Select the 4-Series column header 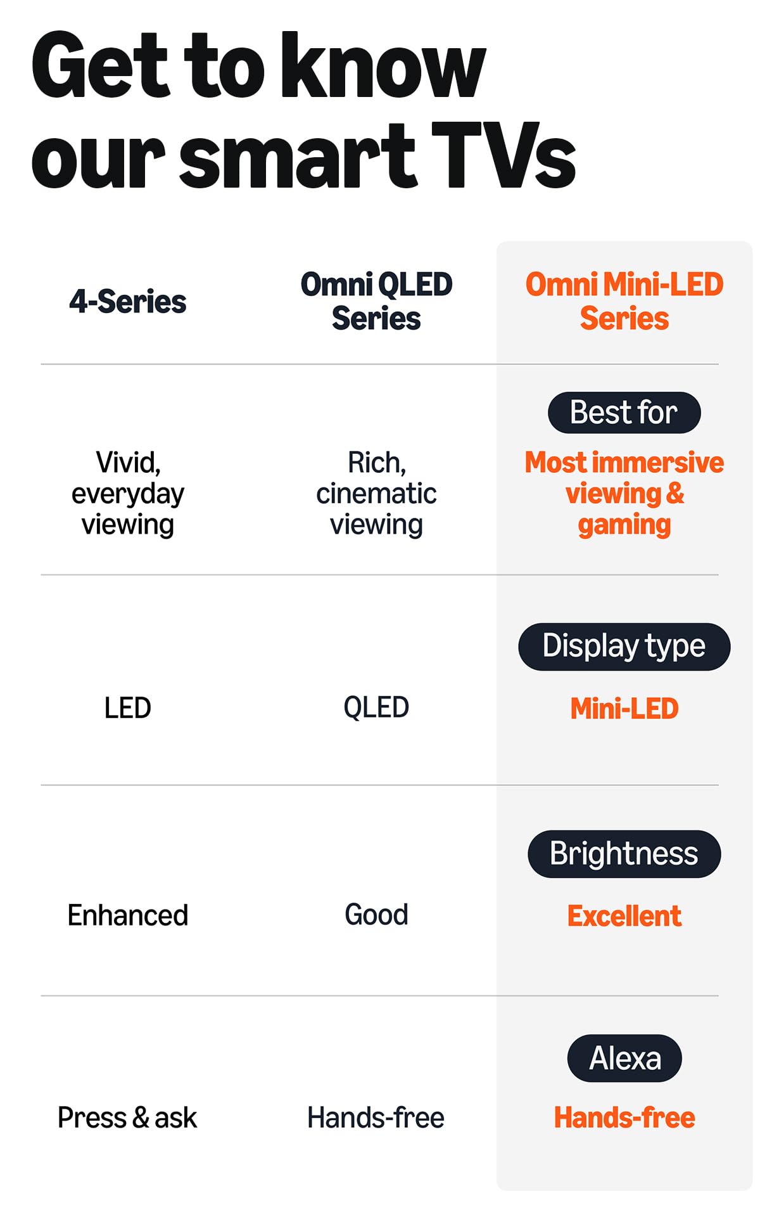click(127, 302)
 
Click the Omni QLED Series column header click(376, 301)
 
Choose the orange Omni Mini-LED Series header click(624, 301)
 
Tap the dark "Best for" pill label click(624, 413)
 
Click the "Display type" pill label click(624, 647)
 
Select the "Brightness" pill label click(624, 854)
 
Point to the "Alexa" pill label click(624, 1058)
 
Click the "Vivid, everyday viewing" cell click(127, 494)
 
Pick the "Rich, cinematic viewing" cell click(376, 494)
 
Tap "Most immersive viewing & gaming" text click(624, 494)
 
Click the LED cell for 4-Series click(127, 708)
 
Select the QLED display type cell click(376, 707)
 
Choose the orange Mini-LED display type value click(624, 709)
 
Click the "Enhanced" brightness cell click(127, 915)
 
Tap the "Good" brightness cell click(376, 915)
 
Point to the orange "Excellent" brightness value click(624, 916)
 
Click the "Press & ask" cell click(127, 1117)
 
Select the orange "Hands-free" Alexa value click(624, 1117)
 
